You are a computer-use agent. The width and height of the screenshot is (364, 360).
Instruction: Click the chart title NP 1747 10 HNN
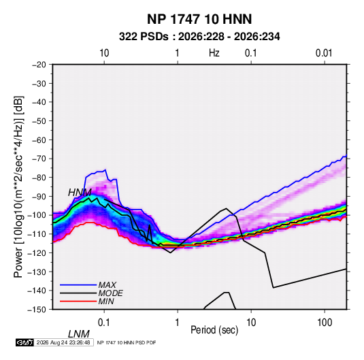pyautogui.click(x=199, y=19)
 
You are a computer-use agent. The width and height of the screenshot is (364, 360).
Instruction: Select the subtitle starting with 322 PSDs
pyautogui.click(x=199, y=37)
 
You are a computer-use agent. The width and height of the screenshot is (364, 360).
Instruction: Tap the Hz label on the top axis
pyautogui.click(x=214, y=53)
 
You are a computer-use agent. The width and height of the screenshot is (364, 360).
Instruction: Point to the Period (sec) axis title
pyautogui.click(x=214, y=330)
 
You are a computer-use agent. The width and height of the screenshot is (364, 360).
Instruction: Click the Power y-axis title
pyautogui.click(x=18, y=186)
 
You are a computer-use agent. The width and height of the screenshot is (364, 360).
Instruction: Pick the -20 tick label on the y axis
pyautogui.click(x=39, y=65)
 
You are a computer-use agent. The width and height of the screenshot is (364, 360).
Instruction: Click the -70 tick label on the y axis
pyautogui.click(x=39, y=159)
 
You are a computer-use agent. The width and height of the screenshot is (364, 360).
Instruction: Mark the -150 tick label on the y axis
pyautogui.click(x=37, y=310)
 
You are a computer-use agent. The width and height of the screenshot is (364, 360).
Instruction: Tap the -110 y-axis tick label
pyautogui.click(x=37, y=234)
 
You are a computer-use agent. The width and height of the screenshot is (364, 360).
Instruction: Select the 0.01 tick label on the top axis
pyautogui.click(x=324, y=53)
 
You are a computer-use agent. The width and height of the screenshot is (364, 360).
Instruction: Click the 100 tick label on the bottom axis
pyautogui.click(x=325, y=323)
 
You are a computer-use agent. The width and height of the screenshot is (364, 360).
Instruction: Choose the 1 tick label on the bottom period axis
pyautogui.click(x=177, y=323)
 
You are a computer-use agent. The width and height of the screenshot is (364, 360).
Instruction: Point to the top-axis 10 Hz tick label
pyautogui.click(x=104, y=53)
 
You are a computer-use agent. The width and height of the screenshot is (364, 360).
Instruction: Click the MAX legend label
pyautogui.click(x=107, y=285)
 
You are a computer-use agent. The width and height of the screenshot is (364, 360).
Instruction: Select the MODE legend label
pyautogui.click(x=110, y=293)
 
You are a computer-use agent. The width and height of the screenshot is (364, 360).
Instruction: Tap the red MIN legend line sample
pyautogui.click(x=78, y=301)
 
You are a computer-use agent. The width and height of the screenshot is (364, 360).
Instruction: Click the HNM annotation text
pyautogui.click(x=80, y=193)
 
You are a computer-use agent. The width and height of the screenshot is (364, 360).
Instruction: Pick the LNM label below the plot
pyautogui.click(x=79, y=334)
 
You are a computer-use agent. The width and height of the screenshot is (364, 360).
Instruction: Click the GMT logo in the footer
pyautogui.click(x=25, y=342)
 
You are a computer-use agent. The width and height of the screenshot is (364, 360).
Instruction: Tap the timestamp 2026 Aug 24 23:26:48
pyautogui.click(x=63, y=342)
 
